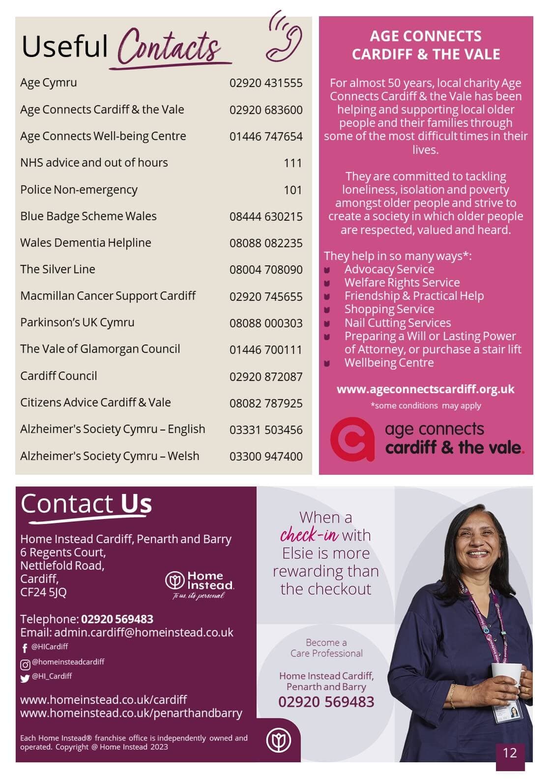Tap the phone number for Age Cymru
tap(266, 83)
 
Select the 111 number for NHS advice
tap(292, 163)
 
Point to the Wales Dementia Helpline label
tap(86, 243)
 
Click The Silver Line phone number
tap(266, 270)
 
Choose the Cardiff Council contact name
tap(58, 376)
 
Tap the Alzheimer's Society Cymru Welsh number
tap(266, 456)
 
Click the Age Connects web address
tap(425, 389)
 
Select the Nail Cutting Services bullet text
tap(397, 323)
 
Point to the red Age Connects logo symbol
tap(352, 438)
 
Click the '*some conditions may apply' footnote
tap(425, 405)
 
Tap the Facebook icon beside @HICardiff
tap(25, 648)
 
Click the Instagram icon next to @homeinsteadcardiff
tap(25, 664)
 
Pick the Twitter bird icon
tap(25, 679)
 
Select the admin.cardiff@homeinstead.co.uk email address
tap(144, 633)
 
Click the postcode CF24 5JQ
tap(43, 592)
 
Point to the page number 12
tap(510, 752)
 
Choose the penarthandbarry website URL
tap(131, 713)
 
